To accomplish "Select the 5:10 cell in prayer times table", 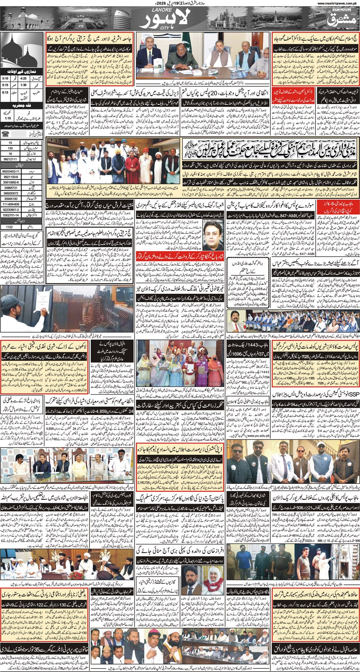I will click(6, 78).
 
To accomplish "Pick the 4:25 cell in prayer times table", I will click(24, 78).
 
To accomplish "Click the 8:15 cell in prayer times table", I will click(6, 92).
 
